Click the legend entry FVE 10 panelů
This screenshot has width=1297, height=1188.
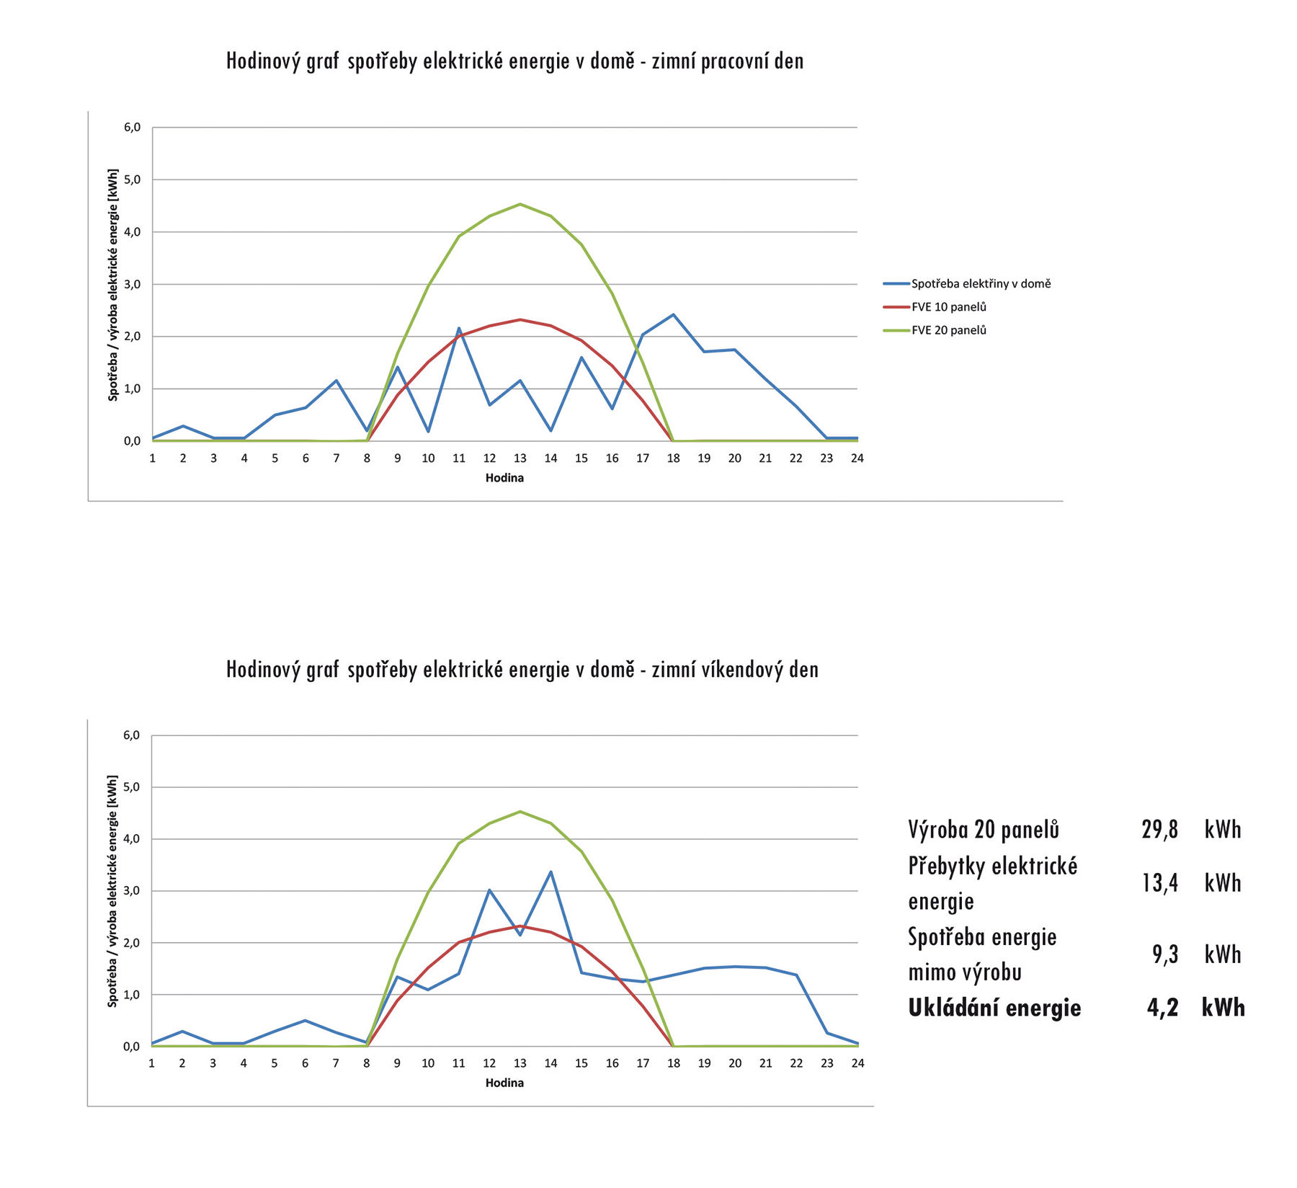tap(948, 307)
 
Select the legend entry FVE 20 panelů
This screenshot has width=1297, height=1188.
tap(948, 330)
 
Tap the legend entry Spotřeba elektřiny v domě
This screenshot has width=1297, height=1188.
tap(980, 284)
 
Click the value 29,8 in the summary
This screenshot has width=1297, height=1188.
tap(1159, 830)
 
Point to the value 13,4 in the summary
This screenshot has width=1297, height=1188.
tap(1159, 883)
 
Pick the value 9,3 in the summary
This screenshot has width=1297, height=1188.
tap(1164, 954)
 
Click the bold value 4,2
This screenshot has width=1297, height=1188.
tap(1162, 1008)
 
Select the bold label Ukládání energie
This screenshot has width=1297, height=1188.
tap(994, 1008)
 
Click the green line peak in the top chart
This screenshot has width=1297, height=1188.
tap(520, 204)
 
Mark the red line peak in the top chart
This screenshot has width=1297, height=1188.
tap(520, 319)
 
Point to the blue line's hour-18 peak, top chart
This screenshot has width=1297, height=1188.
tap(673, 314)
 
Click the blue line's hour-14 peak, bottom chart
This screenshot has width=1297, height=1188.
tap(551, 872)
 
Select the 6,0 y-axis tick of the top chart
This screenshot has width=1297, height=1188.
tap(132, 128)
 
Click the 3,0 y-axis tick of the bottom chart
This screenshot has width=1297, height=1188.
tap(131, 891)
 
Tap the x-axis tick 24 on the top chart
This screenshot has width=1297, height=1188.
tap(857, 458)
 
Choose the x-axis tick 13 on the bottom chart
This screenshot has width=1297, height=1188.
tap(520, 1063)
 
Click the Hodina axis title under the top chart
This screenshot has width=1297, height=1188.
tap(504, 478)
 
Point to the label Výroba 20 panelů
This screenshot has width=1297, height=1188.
tap(984, 830)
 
